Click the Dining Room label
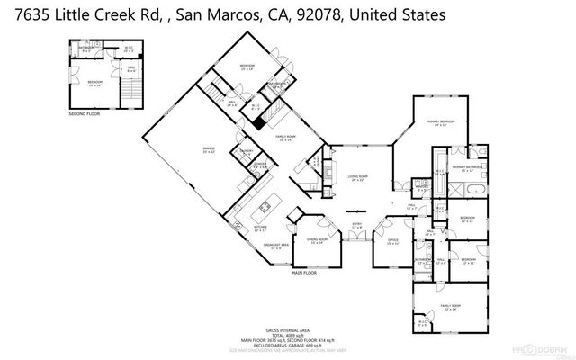tap(316, 240)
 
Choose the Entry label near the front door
tap(356, 225)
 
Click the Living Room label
tap(357, 177)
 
